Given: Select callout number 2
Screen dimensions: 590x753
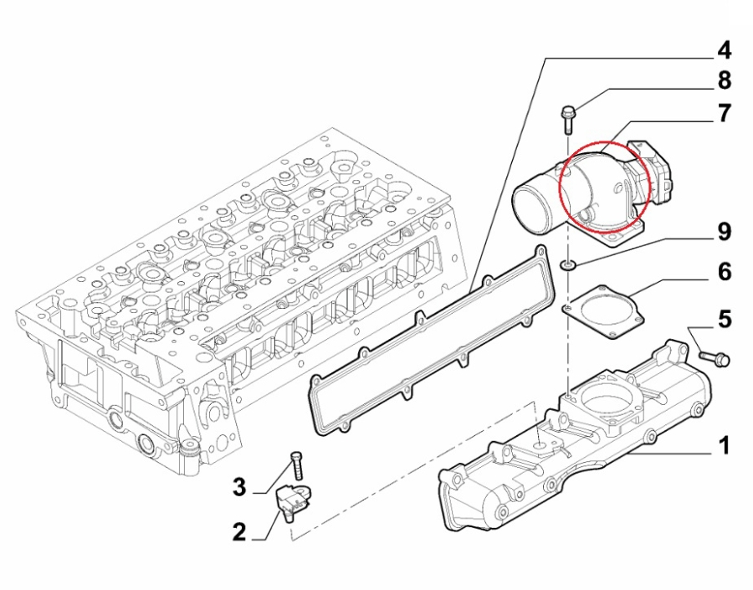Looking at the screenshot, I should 239,531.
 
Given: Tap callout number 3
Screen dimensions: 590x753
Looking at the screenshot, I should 239,486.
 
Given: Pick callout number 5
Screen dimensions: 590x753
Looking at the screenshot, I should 724,318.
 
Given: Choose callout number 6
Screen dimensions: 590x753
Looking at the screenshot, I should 724,272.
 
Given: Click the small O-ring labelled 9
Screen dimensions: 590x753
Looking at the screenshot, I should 568,265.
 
